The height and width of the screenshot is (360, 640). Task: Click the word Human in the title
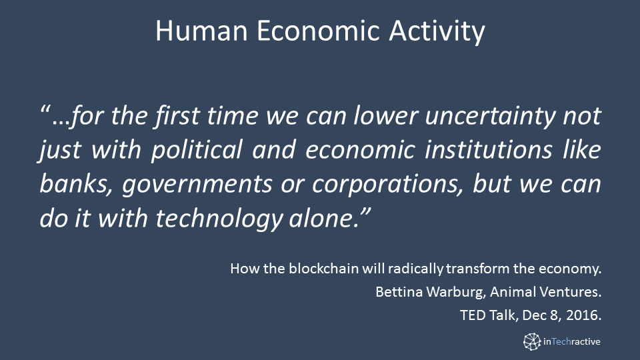coord(201,31)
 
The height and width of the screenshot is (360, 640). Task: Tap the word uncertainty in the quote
coord(490,116)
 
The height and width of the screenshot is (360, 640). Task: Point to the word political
coord(197,150)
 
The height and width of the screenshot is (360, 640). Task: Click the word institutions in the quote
coord(488,149)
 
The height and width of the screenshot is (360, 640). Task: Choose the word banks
coord(75,185)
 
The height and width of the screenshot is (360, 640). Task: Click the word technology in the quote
coord(219,219)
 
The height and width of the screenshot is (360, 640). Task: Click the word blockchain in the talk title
coord(324,269)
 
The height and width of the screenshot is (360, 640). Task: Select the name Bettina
coord(399,292)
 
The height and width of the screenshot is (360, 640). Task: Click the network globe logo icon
coord(532,341)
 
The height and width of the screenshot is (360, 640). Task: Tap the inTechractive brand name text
coord(571,341)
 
